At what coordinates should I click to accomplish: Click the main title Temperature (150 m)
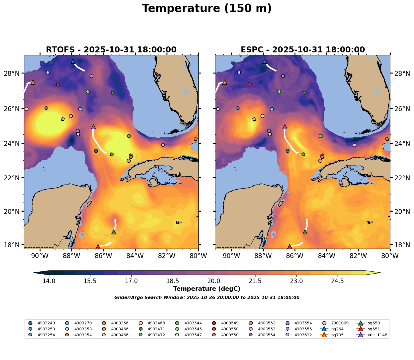[x=207, y=9]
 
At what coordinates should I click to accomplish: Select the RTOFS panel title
[x=111, y=50]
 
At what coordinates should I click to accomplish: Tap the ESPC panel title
[x=303, y=50]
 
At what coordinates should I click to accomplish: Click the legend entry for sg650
[x=368, y=323]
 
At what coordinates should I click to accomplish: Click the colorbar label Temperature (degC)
[x=207, y=289]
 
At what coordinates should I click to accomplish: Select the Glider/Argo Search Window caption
[x=207, y=298]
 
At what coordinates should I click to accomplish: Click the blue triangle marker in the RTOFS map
[x=73, y=62]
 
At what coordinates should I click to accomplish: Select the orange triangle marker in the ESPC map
[x=224, y=82]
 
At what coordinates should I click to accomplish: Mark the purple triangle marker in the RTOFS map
[x=94, y=127]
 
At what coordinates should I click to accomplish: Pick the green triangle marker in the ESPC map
[x=305, y=232]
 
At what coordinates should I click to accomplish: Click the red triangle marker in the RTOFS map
[x=98, y=247]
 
